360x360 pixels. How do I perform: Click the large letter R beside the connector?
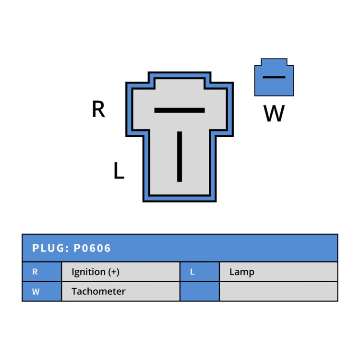pos(98,109)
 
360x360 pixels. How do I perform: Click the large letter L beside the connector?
pos(119,170)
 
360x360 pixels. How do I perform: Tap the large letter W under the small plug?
pos(274,113)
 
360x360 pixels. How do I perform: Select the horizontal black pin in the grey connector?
pos(180,110)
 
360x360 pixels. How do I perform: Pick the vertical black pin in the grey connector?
pos(180,156)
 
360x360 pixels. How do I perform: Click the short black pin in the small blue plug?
pos(274,77)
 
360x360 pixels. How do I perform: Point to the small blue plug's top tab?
pos(274,62)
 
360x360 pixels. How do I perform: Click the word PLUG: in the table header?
pos(50,248)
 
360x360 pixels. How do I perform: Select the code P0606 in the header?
pos(92,248)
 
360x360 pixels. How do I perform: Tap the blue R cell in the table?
pos(42,272)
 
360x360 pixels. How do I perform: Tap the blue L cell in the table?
pos(200,272)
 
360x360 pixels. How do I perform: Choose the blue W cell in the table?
pos(42,291)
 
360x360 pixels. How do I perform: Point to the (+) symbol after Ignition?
pos(114,272)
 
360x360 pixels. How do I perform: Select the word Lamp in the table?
pos(242,272)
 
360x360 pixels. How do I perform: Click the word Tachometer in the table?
pos(98,291)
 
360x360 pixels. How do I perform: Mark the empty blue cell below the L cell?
pos(200,291)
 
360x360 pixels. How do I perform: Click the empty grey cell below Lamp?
pos(278,291)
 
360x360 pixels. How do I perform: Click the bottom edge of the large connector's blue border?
pos(180,199)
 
